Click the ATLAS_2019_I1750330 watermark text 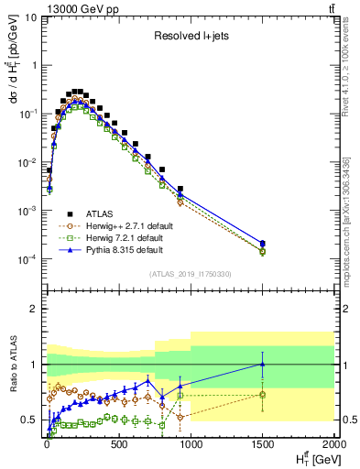(190, 274)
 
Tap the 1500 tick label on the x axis (262, 445)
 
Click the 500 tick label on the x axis (118, 445)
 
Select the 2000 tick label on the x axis (333, 445)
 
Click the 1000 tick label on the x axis (190, 445)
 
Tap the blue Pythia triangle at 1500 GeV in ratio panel (263, 364)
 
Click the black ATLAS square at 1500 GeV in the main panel (263, 244)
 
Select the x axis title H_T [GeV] (314, 459)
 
